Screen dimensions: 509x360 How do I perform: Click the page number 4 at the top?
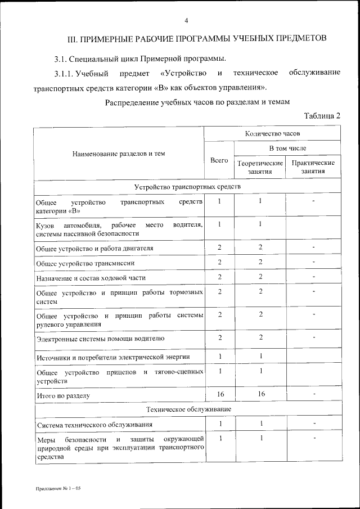point(186,21)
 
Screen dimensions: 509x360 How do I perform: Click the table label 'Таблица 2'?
point(322,116)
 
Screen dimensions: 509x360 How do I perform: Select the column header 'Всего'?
point(219,160)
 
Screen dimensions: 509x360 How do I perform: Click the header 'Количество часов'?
point(272,134)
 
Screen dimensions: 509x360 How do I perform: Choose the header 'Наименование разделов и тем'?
point(118,153)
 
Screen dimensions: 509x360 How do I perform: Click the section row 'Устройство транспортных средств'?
point(187,187)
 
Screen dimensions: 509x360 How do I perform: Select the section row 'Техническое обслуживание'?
point(187,409)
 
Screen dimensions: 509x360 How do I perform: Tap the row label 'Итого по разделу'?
point(62,395)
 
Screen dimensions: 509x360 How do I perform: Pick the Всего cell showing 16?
point(219,394)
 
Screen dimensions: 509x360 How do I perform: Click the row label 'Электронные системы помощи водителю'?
point(100,338)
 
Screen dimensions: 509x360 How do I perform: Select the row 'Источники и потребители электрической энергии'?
point(112,357)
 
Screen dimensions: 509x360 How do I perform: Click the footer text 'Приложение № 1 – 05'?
point(58,489)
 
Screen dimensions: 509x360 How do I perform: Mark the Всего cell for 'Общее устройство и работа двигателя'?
point(219,247)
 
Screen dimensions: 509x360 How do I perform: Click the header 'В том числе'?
point(287,148)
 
